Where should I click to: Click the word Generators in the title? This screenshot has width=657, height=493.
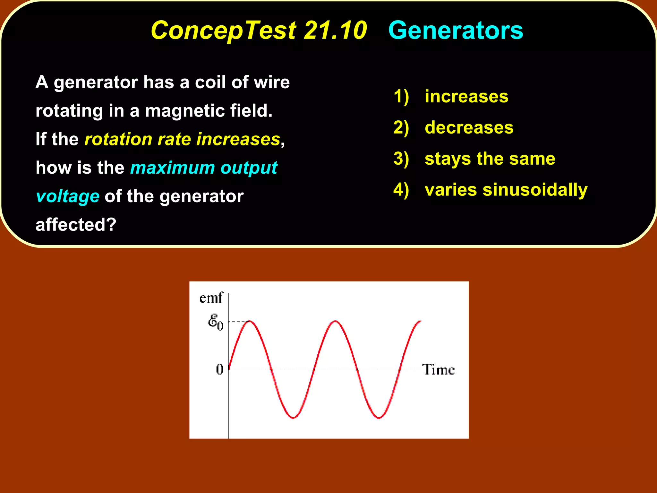pyautogui.click(x=456, y=30)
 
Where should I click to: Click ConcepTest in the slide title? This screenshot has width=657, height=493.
pyautogui.click(x=223, y=30)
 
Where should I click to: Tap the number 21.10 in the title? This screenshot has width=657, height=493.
pyautogui.click(x=335, y=30)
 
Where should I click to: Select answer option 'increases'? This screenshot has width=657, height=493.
pyautogui.click(x=466, y=96)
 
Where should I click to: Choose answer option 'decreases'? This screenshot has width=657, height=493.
pyautogui.click(x=469, y=127)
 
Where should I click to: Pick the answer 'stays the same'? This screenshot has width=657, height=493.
pyautogui.click(x=490, y=159)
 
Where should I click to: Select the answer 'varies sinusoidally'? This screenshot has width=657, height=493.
pyautogui.click(x=506, y=189)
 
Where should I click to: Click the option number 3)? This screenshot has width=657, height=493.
pyautogui.click(x=401, y=159)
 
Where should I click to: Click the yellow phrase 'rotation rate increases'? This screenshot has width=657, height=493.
pyautogui.click(x=183, y=139)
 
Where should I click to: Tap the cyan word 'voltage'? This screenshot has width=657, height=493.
pyautogui.click(x=68, y=196)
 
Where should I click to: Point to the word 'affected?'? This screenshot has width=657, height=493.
pyautogui.click(x=76, y=224)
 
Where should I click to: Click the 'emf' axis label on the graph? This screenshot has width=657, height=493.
pyautogui.click(x=210, y=298)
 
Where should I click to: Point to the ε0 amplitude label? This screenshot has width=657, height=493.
pyautogui.click(x=215, y=322)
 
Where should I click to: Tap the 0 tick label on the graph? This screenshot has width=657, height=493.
pyautogui.click(x=220, y=369)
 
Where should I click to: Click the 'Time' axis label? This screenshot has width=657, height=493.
pyautogui.click(x=438, y=369)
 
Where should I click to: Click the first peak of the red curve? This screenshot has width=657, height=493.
pyautogui.click(x=250, y=321)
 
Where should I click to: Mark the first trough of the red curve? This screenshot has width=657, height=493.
pyautogui.click(x=293, y=418)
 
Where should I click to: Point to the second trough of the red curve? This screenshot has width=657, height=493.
pyautogui.click(x=379, y=418)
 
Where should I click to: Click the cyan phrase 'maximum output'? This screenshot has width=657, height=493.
pyautogui.click(x=204, y=168)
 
